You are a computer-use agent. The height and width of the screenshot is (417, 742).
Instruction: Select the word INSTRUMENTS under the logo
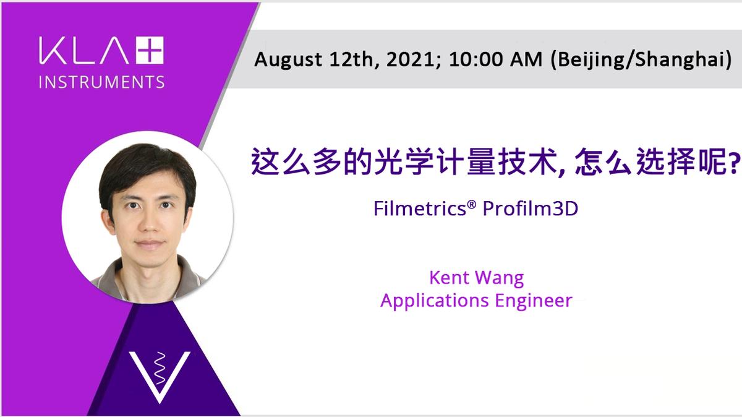(101, 81)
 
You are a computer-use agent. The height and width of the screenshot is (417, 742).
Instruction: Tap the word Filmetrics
(419, 208)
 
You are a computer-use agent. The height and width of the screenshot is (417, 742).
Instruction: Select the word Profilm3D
(530, 208)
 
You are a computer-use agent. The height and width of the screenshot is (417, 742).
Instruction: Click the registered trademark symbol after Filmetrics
(471, 203)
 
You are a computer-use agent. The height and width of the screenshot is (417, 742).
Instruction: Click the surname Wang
(500, 278)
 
